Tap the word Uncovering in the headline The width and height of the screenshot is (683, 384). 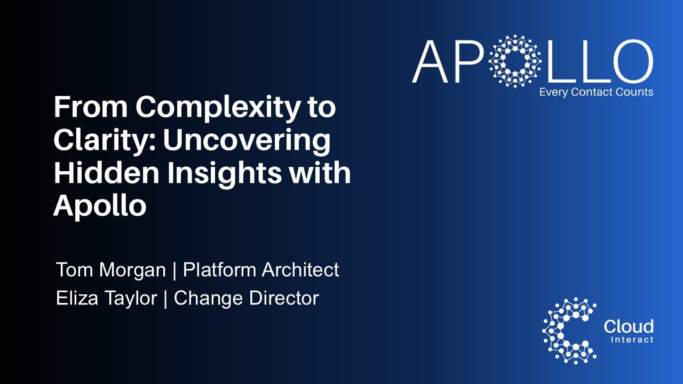click(247, 141)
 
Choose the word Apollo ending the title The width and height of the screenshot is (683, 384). click(100, 206)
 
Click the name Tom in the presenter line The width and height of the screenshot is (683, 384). click(75, 270)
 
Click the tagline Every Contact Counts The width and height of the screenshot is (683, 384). click(596, 92)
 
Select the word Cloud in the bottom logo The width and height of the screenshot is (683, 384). click(628, 326)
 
